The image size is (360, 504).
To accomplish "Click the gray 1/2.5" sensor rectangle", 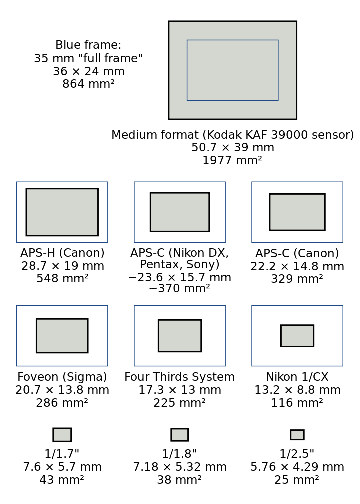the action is [297, 435].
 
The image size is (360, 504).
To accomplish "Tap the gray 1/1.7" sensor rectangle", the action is [62, 435].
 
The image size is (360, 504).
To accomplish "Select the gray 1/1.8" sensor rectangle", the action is [179, 435].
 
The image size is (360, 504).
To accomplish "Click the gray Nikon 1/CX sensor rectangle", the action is [297, 336].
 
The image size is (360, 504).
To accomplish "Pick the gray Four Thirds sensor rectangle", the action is [180, 336].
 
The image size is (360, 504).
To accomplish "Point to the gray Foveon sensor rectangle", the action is [62, 336].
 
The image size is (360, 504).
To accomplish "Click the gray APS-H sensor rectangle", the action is [62, 212].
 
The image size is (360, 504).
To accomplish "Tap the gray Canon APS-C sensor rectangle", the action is [297, 212].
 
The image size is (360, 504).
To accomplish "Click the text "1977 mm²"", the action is [232, 160].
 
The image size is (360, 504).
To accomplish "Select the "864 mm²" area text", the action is [88, 84].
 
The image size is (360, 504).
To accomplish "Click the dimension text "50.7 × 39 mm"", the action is [233, 147].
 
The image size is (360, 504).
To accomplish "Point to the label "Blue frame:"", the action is [88, 45].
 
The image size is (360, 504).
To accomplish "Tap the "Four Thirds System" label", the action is [179, 377].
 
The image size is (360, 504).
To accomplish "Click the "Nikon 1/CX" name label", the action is [297, 377].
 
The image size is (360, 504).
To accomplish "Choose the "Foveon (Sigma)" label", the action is [62, 377].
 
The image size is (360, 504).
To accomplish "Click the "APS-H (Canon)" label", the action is [62, 253].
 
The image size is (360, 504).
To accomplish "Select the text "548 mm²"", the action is [62, 278].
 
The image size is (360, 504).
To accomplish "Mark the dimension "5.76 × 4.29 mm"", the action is [297, 467].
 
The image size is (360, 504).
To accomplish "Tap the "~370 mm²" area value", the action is [179, 288].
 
